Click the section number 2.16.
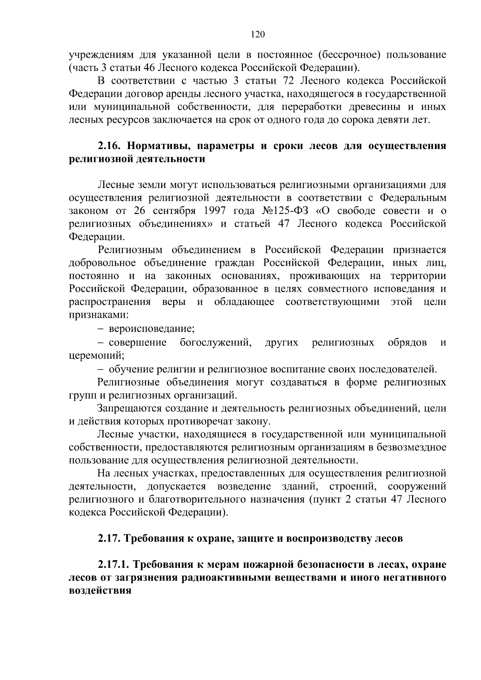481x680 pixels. pyautogui.click(x=109, y=146)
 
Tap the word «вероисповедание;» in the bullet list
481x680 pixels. pyautogui.click(x=152, y=329)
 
